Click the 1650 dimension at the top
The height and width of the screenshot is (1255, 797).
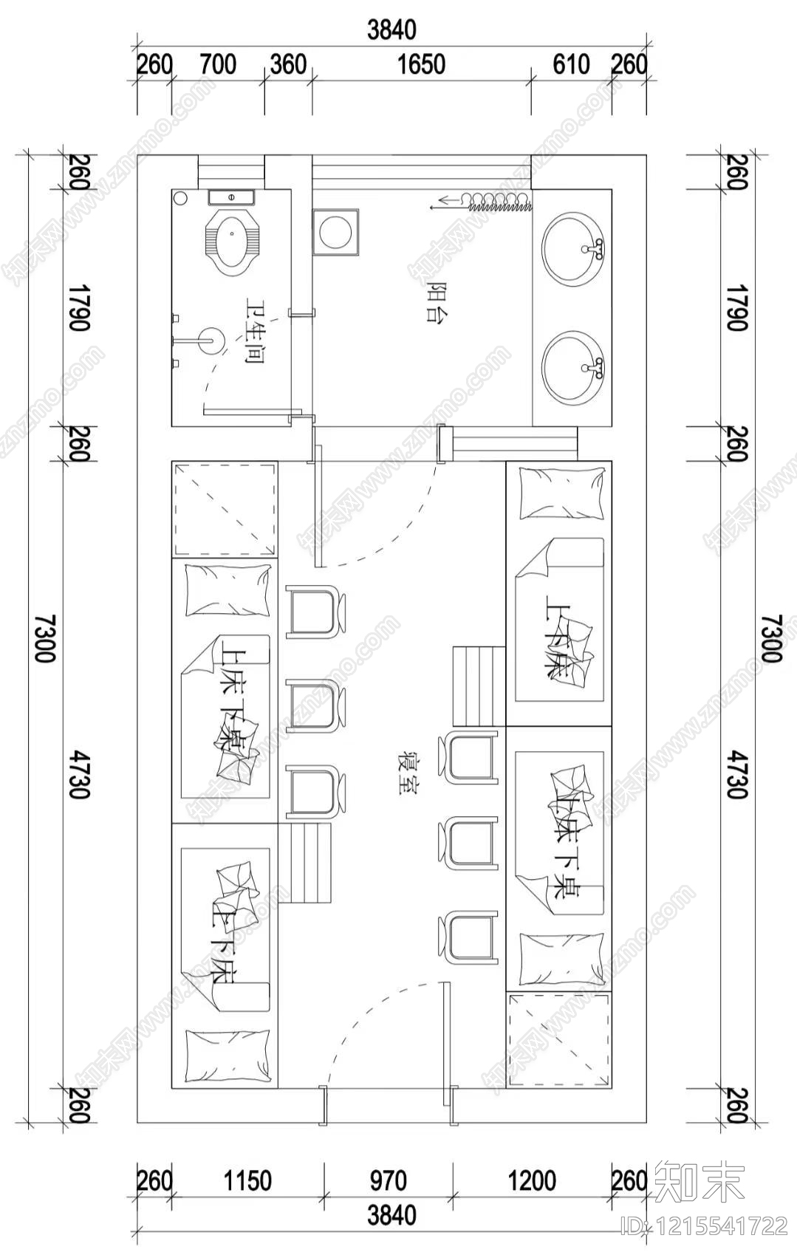(x=421, y=64)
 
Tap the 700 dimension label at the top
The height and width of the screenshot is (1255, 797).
(x=218, y=64)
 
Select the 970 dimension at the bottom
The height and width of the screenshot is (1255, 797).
(x=387, y=1180)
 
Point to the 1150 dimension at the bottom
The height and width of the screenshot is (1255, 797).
(x=247, y=1180)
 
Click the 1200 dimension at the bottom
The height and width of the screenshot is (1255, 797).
(x=532, y=1180)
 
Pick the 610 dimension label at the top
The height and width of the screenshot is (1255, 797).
(x=571, y=64)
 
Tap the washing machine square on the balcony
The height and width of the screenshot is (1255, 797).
(x=335, y=232)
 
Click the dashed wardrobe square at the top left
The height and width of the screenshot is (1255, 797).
(x=225, y=509)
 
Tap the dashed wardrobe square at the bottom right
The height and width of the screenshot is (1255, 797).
(x=559, y=1039)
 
